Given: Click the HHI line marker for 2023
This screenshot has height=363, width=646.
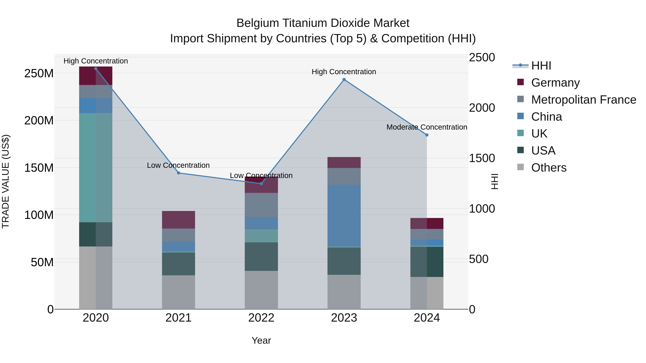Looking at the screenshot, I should point(344,80).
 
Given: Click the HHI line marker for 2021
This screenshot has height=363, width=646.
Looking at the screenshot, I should point(179,173).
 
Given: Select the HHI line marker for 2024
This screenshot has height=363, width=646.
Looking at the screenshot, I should point(427,135).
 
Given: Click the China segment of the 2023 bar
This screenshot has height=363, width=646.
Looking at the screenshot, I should point(344,215).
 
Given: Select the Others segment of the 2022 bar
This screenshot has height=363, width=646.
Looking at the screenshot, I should point(261,290).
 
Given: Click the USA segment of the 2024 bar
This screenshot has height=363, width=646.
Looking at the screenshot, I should point(427,262).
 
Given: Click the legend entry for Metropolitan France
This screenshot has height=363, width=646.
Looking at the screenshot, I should point(583,100).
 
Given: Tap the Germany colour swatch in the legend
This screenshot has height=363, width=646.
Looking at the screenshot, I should point(520,82).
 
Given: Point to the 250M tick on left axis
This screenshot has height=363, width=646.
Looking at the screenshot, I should point(39,73).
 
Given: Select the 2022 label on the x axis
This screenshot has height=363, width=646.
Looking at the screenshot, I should point(261,318).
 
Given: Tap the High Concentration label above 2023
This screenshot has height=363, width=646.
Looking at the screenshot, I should point(344,72).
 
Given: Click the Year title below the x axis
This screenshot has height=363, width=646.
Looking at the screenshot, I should point(261,340).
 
